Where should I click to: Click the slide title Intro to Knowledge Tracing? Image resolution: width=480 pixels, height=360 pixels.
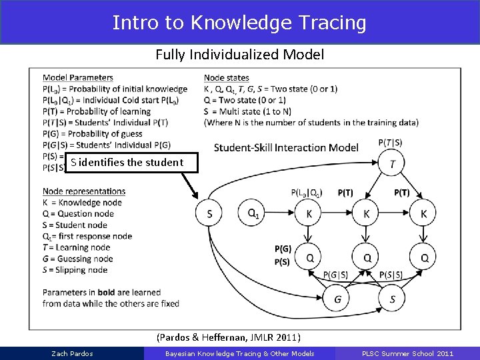pos(239,23)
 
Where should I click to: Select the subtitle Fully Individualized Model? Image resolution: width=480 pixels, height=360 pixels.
pos(239,55)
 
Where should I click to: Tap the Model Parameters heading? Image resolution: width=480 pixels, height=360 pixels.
pos(77,78)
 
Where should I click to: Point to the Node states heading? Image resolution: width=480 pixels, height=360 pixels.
pos(226,78)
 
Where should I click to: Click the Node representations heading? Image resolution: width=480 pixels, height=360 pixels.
pos(83,191)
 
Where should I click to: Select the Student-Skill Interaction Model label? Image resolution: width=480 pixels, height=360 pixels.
pos(286,147)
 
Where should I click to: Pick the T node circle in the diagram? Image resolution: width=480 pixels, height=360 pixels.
pos(392,163)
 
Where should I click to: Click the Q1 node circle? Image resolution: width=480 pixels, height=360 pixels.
pos(253,213)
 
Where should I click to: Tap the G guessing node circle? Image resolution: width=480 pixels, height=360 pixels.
pos(338,299)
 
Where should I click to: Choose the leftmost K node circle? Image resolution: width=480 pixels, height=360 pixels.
pos(309,213)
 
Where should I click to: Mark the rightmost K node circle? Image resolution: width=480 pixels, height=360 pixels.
pos(424,213)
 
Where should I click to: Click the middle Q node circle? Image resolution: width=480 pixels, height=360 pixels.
pos(367,257)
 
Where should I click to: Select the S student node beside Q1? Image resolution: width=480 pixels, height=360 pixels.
pos(210,213)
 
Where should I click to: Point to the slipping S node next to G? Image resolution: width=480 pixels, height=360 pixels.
pos(393,299)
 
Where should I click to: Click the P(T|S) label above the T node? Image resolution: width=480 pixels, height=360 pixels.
pos(391,142)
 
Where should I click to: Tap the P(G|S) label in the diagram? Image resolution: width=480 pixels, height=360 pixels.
pos(337,275)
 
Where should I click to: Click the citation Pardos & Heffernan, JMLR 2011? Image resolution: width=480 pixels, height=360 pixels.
pos(228,337)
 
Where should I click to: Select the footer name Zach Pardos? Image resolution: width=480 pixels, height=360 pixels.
pos(72,353)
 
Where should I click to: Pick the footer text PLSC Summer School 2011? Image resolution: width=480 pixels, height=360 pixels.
pos(409,353)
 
